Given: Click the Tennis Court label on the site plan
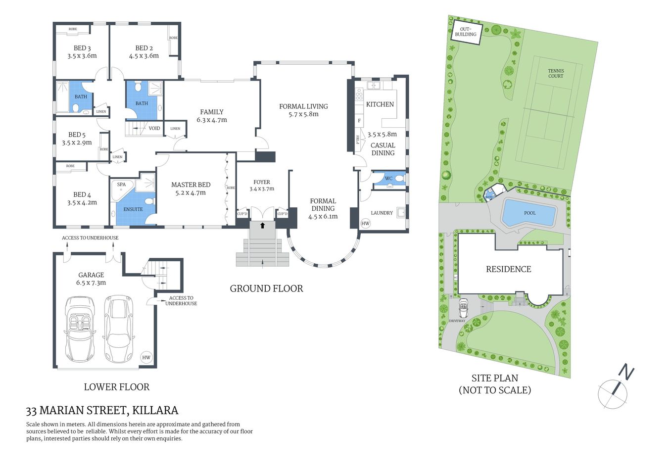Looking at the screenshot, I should (x=556, y=73).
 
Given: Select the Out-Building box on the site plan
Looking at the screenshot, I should (x=466, y=32).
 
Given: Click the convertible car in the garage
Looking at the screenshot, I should (x=80, y=329).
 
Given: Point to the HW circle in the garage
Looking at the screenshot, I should (x=146, y=358).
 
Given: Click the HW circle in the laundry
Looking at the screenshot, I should (x=365, y=224).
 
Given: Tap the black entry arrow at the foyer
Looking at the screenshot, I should (x=262, y=225).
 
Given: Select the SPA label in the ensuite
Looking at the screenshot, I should (x=121, y=185).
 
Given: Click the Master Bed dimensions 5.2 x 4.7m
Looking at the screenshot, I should (x=191, y=192).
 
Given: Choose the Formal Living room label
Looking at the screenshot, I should (x=303, y=106).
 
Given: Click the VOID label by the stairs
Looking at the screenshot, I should (x=154, y=128).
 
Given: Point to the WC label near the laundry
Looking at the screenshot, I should (x=388, y=179).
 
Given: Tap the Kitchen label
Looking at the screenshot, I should (x=380, y=104).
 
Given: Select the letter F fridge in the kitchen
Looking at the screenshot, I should (x=359, y=121).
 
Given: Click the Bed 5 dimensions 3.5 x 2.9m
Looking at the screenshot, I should (x=77, y=142).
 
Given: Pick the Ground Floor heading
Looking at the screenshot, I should (x=266, y=288).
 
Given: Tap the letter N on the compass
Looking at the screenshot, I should (x=626, y=372).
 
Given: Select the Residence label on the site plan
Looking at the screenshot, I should (x=508, y=269).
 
